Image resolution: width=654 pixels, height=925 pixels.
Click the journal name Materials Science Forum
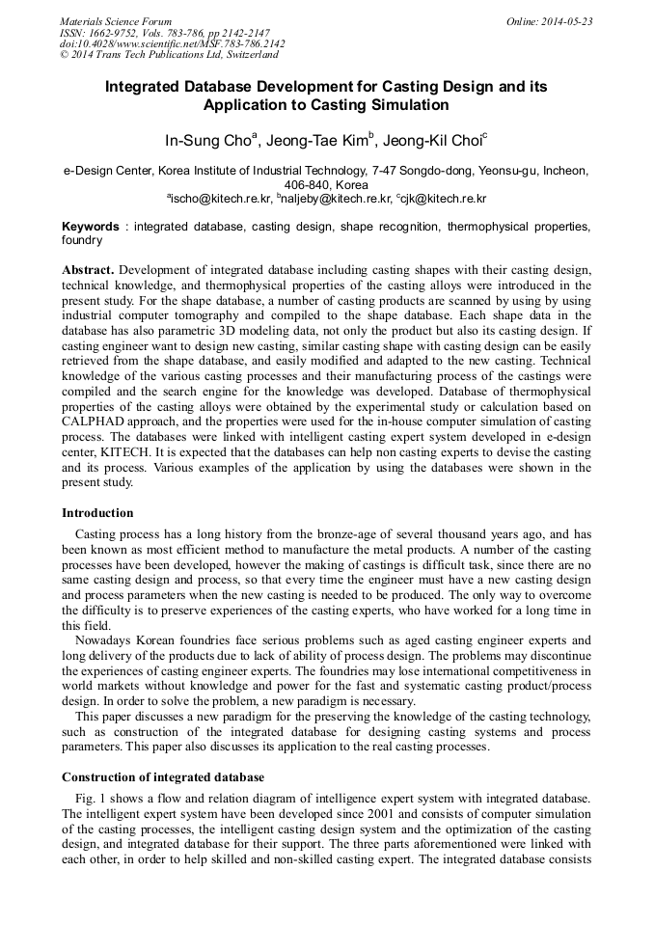(x=116, y=21)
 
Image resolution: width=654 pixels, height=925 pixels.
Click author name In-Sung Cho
(x=208, y=140)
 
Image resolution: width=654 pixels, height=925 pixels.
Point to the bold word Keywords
(x=91, y=226)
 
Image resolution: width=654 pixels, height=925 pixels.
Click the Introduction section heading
(x=97, y=512)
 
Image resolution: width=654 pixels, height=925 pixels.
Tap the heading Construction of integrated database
(x=163, y=776)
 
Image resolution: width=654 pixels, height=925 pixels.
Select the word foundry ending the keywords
(x=82, y=239)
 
